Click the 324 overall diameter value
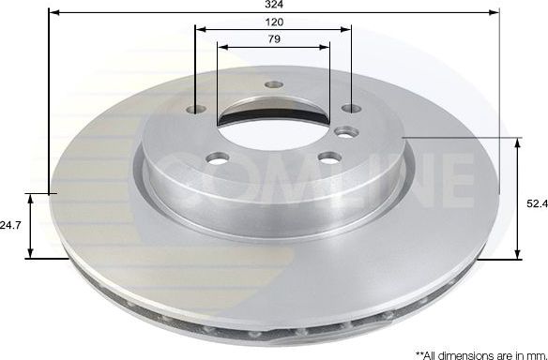coord(273,5)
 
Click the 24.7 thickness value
coord(10,226)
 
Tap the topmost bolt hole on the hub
coord(273,85)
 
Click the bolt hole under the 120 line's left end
coord(195,111)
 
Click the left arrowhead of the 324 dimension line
coord(51,11)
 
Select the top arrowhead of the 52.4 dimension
coord(518,142)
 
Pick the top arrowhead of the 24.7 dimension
coord(31,199)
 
